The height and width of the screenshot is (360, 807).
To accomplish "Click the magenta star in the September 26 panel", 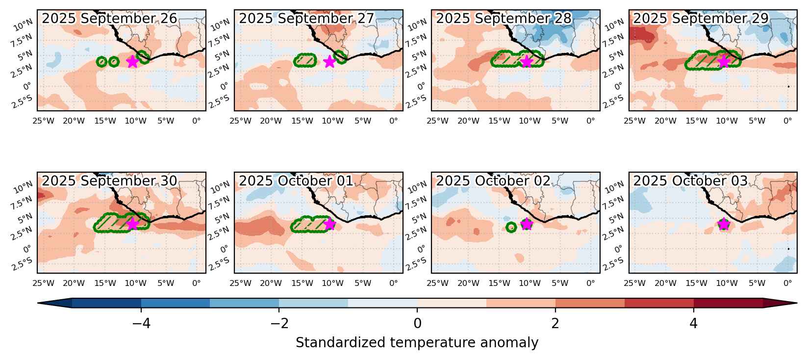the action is [132, 62].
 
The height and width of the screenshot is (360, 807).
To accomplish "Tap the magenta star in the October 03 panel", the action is [724, 224].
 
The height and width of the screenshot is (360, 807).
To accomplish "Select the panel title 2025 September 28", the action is [504, 18].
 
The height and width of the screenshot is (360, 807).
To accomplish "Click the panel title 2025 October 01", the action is [296, 181].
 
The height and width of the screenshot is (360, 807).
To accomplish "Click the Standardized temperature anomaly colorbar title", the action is [417, 342].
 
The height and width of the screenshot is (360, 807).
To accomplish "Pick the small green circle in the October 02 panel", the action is [511, 228].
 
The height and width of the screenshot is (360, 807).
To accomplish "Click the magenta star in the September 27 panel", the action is [329, 62].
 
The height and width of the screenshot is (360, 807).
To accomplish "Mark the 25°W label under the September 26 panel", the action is [43, 121].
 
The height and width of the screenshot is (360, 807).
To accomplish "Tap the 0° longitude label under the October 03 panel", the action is [787, 283].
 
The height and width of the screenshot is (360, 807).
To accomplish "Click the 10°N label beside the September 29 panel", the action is [614, 25].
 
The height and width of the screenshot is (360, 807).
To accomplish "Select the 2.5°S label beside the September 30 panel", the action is [23, 264].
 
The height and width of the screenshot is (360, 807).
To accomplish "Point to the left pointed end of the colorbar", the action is [38, 303].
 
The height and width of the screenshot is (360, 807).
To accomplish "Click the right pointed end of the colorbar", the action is [797, 303].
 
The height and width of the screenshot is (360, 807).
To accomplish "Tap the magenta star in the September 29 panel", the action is [724, 62].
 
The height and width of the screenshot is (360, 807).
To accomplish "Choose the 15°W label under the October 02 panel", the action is [499, 283].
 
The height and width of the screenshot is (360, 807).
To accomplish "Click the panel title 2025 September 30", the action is [109, 181].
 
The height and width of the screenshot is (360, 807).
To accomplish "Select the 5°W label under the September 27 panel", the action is [362, 121].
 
